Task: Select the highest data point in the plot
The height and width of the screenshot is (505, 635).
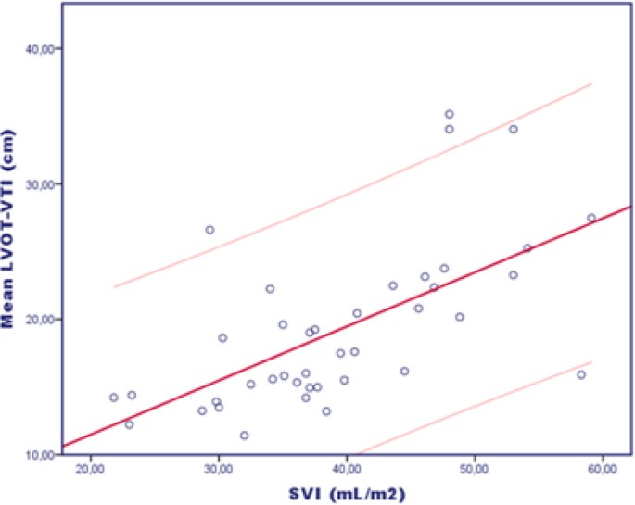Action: click(x=450, y=114)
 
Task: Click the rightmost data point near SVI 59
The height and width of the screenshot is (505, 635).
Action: click(x=591, y=218)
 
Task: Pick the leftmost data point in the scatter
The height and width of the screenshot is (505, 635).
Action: click(x=114, y=398)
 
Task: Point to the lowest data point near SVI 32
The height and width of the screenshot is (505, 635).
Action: click(x=245, y=436)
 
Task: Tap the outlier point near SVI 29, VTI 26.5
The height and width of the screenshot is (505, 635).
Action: click(x=210, y=230)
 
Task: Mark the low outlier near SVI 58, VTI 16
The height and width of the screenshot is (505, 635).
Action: click(x=581, y=374)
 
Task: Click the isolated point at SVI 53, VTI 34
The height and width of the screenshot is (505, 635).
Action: click(x=513, y=129)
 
